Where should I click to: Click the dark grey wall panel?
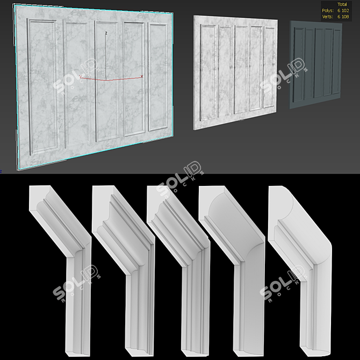click(315, 64)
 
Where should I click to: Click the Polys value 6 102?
click(342, 10)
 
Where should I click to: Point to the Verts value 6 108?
click(342, 16)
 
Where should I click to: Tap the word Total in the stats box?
click(342, 4)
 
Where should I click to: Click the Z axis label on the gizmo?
click(106, 33)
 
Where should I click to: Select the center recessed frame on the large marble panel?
click(107, 81)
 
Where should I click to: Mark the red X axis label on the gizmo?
click(141, 76)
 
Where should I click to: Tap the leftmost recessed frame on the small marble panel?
click(208, 73)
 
